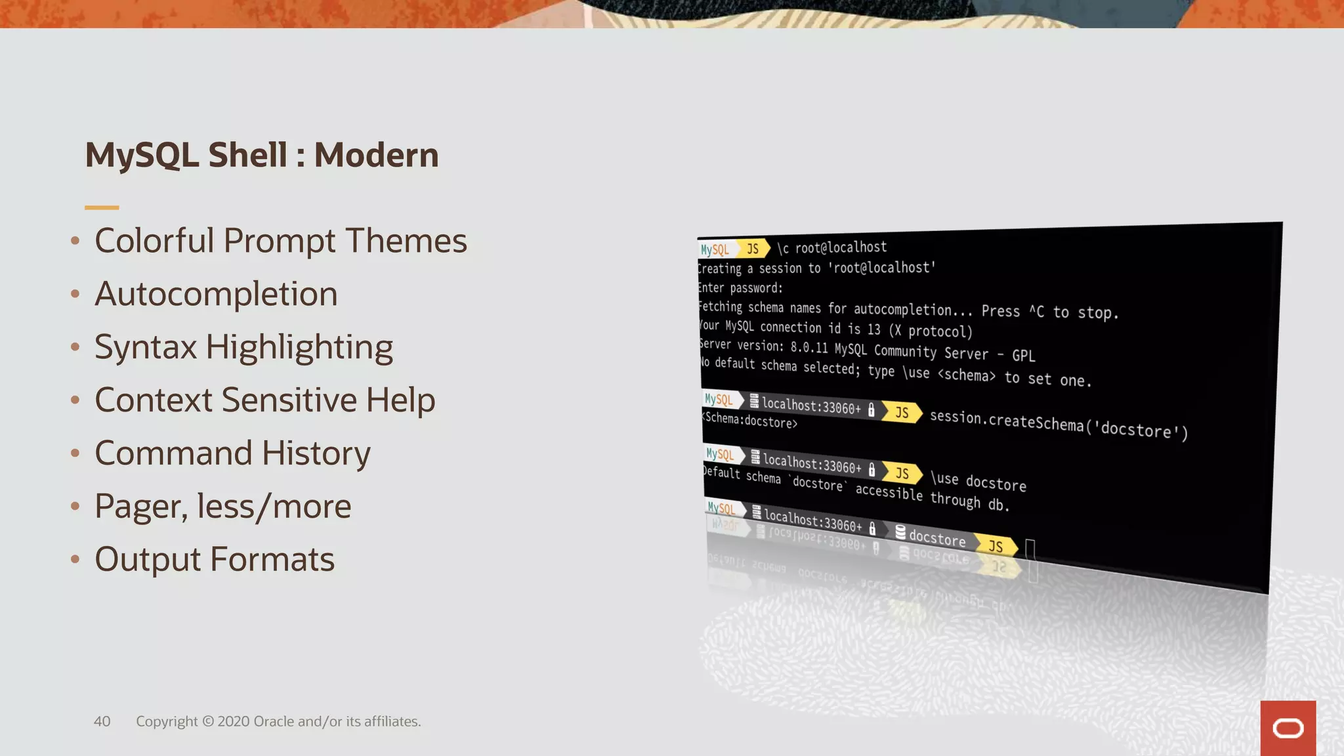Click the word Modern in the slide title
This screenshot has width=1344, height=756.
point(376,156)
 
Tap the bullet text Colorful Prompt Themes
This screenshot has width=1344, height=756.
point(280,241)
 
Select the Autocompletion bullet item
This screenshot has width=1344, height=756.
point(216,294)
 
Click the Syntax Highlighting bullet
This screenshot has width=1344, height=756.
point(243,347)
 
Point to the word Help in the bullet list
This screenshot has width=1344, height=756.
point(400,400)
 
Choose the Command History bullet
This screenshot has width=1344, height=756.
point(232,453)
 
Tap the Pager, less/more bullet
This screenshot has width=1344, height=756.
point(222,507)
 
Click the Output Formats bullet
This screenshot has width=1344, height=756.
point(215,560)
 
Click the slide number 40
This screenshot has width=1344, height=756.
point(102,721)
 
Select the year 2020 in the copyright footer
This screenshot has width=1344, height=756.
point(233,721)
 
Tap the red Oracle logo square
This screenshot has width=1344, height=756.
point(1288,728)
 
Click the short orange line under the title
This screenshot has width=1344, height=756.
point(102,207)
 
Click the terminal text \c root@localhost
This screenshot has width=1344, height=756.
point(831,247)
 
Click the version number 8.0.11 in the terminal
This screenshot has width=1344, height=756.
point(808,347)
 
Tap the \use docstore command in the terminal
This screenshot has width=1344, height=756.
point(978,482)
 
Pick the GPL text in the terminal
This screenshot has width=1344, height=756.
point(1023,356)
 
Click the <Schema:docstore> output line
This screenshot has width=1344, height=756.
point(750,421)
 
